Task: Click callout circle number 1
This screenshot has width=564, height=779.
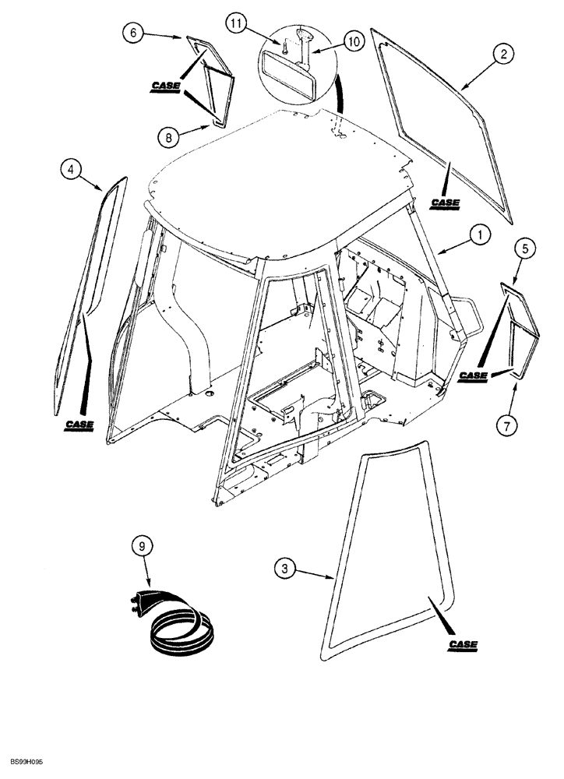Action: [x=480, y=234]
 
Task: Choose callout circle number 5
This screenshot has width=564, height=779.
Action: [x=525, y=249]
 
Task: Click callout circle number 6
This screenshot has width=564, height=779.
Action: [x=134, y=33]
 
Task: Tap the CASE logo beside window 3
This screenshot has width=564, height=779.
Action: [x=464, y=645]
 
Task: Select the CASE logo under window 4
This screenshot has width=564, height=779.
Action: [x=79, y=425]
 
